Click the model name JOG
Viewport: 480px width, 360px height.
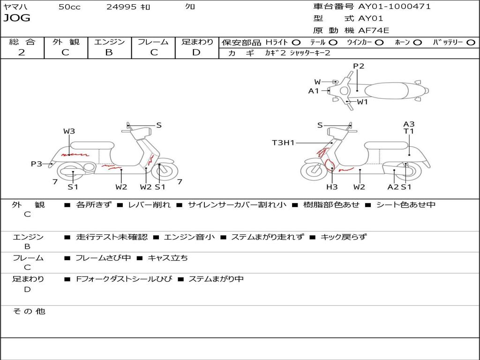click(x=17, y=18)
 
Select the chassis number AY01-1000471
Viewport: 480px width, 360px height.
click(x=394, y=7)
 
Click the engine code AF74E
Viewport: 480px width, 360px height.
click(x=374, y=30)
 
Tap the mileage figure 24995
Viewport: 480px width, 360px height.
click(x=121, y=7)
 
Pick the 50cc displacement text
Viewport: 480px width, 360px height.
click(x=69, y=7)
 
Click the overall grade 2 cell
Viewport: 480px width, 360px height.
click(x=22, y=52)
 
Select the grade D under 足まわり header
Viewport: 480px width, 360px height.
click(x=196, y=52)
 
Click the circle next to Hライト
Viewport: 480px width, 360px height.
click(x=296, y=43)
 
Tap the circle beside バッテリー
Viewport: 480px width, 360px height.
click(x=471, y=43)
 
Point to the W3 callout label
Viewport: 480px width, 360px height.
click(x=69, y=131)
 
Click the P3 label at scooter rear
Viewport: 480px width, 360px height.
click(x=37, y=164)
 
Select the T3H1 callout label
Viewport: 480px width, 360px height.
click(x=283, y=142)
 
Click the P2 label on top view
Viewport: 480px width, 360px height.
click(x=359, y=66)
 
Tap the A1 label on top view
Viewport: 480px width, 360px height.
click(x=314, y=91)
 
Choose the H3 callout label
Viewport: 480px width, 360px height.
click(x=332, y=187)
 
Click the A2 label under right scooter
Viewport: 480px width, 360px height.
click(x=393, y=187)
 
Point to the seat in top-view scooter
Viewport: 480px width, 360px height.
click(x=386, y=91)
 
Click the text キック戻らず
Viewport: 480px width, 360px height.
click(x=344, y=237)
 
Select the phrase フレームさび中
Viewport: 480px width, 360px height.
click(x=103, y=258)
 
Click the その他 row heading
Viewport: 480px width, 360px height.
click(x=29, y=311)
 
